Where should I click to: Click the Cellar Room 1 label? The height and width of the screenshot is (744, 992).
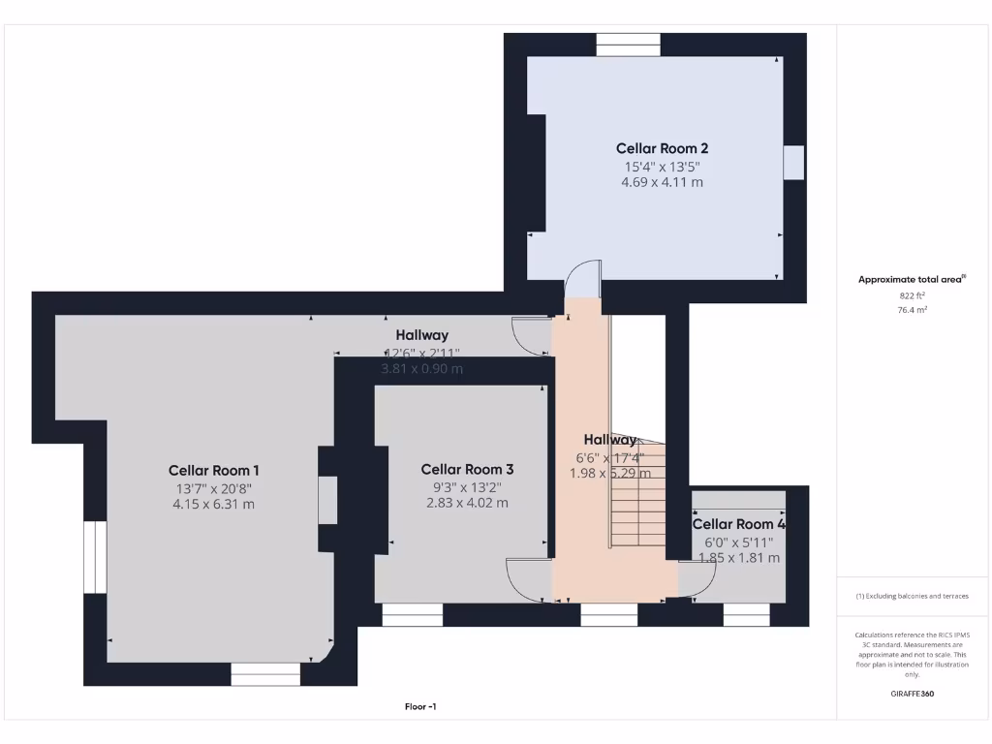tap(213, 470)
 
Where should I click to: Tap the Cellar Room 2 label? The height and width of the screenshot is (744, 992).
tap(663, 148)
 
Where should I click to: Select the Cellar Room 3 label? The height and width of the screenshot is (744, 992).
tap(467, 469)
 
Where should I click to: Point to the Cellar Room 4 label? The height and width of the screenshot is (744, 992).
tap(738, 524)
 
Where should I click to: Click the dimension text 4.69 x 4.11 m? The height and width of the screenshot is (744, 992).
tap(663, 182)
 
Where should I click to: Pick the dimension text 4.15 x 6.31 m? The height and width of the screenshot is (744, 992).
tap(213, 504)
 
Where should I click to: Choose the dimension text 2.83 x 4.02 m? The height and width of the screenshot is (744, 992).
tap(467, 503)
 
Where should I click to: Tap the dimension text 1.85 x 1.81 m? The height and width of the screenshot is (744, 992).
tap(739, 558)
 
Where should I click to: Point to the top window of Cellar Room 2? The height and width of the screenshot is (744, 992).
tap(628, 45)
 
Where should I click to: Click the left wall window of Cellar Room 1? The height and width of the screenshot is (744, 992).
tap(95, 557)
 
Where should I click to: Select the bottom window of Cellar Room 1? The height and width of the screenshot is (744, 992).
tap(265, 674)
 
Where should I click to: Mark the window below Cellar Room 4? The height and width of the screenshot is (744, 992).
tap(747, 614)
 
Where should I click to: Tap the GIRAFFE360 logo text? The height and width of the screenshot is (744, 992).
tap(912, 694)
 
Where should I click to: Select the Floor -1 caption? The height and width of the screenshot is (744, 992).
tap(420, 707)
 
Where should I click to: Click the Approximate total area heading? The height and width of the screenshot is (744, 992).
tap(911, 279)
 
